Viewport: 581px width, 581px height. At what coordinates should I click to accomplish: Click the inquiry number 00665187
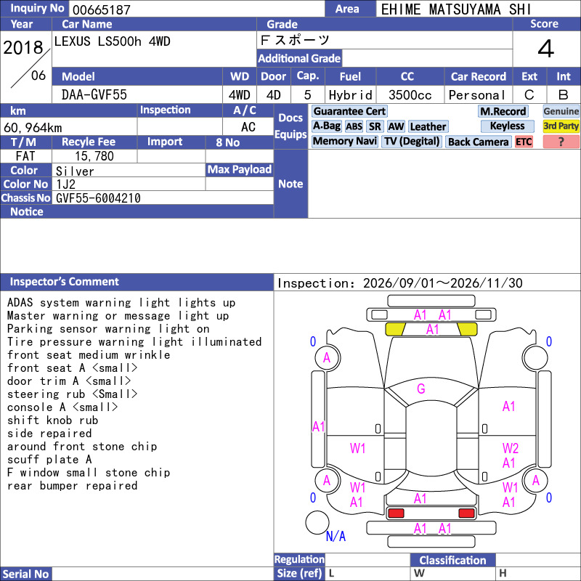pyautogui.click(x=102, y=9)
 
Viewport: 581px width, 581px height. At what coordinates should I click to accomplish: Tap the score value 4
pyautogui.click(x=546, y=49)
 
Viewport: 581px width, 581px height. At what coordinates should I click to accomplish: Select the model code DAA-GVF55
pyautogui.click(x=94, y=95)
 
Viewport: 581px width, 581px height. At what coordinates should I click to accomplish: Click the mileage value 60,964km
pyautogui.click(x=33, y=128)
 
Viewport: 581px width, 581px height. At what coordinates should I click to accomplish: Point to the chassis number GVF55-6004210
pyautogui.click(x=98, y=198)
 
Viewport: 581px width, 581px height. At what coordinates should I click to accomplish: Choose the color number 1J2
pyautogui.click(x=65, y=184)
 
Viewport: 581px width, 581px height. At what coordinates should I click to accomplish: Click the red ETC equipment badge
pyautogui.click(x=524, y=142)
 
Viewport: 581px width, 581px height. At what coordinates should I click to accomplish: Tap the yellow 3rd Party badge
pyautogui.click(x=561, y=126)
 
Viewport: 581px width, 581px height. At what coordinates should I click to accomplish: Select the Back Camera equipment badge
pyautogui.click(x=478, y=142)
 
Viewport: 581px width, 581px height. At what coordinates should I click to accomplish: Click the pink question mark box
pyautogui.click(x=561, y=142)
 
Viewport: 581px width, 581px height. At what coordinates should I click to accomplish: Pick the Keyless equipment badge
pyautogui.click(x=507, y=126)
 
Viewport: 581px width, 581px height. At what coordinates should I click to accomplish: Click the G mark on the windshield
pyautogui.click(x=421, y=389)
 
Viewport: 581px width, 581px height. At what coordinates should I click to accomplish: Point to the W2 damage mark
pyautogui.click(x=511, y=448)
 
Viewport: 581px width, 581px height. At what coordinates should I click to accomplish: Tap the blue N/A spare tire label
pyautogui.click(x=336, y=536)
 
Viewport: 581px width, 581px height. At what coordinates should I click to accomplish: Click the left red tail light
pyautogui.click(x=396, y=513)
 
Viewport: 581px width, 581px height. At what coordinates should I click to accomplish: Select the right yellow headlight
pyautogui.click(x=467, y=329)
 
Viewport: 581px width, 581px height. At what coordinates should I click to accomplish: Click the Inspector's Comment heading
pyautogui.click(x=65, y=282)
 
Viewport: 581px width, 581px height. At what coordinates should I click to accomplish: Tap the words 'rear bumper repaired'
pyautogui.click(x=72, y=486)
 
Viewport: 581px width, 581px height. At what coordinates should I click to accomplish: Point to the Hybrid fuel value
pyautogui.click(x=351, y=95)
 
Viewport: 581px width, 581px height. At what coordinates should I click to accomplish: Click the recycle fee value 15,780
pyautogui.click(x=94, y=156)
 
